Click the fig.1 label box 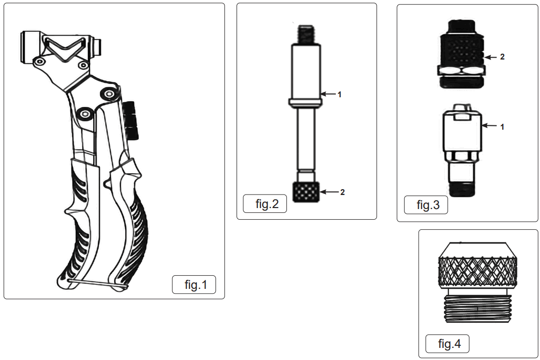[194, 285]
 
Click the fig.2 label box [265, 204]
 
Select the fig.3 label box [426, 205]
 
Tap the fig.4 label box [447, 344]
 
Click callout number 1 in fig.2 [340, 95]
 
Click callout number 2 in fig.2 [342, 192]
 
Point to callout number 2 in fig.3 [502, 57]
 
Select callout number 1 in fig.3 [502, 127]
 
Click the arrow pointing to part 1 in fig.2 [329, 94]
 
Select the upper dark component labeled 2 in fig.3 [462, 53]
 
